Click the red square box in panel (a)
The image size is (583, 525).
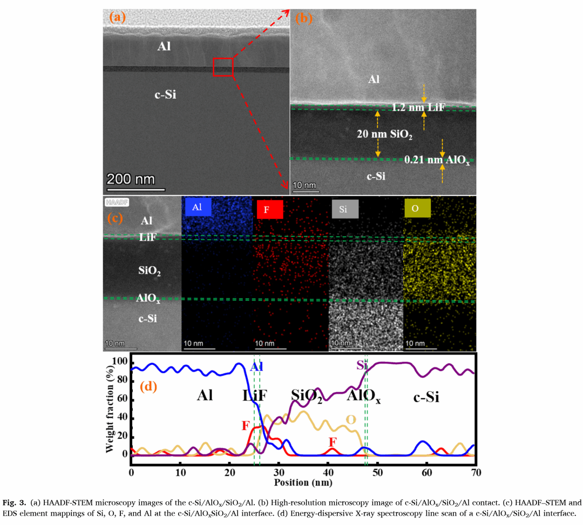coord(223,67)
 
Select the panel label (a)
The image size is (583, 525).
coord(117,17)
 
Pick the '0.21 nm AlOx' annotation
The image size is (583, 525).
coord(437,160)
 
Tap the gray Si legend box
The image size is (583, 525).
coord(343,209)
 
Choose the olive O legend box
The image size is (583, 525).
coord(417,208)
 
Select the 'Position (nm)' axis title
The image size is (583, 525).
coord(303,481)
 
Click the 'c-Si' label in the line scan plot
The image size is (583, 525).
coord(426,398)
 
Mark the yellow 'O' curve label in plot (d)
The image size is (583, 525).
coord(350,420)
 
